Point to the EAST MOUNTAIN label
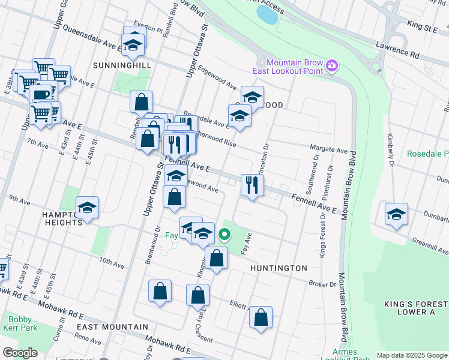click(112, 327)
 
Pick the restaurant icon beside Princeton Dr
click(252, 184)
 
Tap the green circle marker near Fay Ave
click(224, 235)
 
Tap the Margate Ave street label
click(328, 149)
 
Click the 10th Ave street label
click(112, 262)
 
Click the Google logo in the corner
click(19, 352)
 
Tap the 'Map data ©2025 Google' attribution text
click(412, 355)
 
